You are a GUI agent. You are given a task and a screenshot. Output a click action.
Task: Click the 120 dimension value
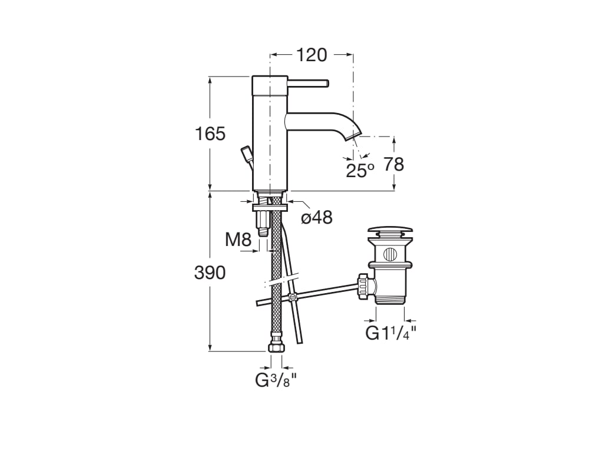click(311, 55)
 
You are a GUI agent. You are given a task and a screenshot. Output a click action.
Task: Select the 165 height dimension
click(210, 134)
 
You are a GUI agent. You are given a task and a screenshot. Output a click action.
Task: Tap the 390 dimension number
click(210, 272)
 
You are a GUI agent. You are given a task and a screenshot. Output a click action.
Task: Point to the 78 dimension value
click(394, 164)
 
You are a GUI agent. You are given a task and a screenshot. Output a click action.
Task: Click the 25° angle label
click(360, 171)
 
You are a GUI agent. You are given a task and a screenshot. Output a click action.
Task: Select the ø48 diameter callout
click(317, 218)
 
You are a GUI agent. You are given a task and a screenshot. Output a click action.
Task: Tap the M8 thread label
click(238, 240)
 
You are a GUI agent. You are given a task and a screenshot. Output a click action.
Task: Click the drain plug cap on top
click(390, 231)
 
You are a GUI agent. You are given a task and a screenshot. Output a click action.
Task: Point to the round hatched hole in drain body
click(390, 255)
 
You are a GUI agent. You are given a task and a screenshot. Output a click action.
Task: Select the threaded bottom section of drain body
click(390, 299)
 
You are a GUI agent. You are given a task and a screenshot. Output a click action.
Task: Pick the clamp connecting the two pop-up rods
click(293, 298)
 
